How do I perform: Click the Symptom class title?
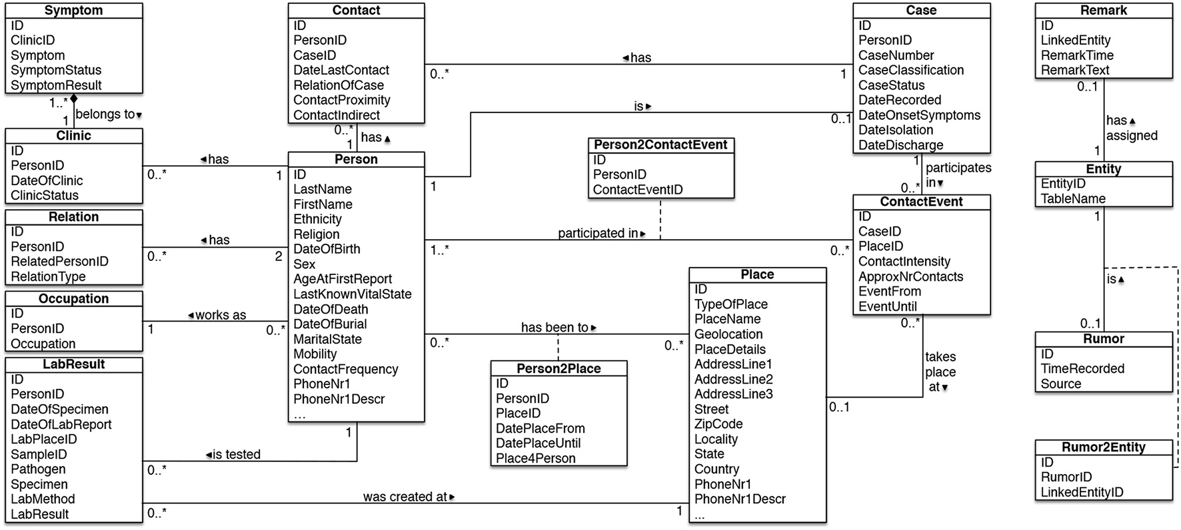point(73,10)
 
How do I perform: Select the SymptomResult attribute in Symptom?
point(56,85)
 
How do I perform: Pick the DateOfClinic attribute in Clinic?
point(47,180)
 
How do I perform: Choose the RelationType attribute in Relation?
point(48,276)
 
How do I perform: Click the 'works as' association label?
point(217,315)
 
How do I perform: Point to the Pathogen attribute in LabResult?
point(38,469)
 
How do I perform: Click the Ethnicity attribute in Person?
point(317,219)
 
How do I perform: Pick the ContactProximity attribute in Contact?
point(341,100)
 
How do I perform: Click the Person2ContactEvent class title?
point(660,144)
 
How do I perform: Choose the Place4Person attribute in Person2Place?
point(535,458)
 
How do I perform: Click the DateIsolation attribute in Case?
point(895,130)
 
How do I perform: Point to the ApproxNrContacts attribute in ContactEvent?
point(910,276)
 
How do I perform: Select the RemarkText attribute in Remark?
point(1075,70)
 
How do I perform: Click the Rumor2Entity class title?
point(1103,447)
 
